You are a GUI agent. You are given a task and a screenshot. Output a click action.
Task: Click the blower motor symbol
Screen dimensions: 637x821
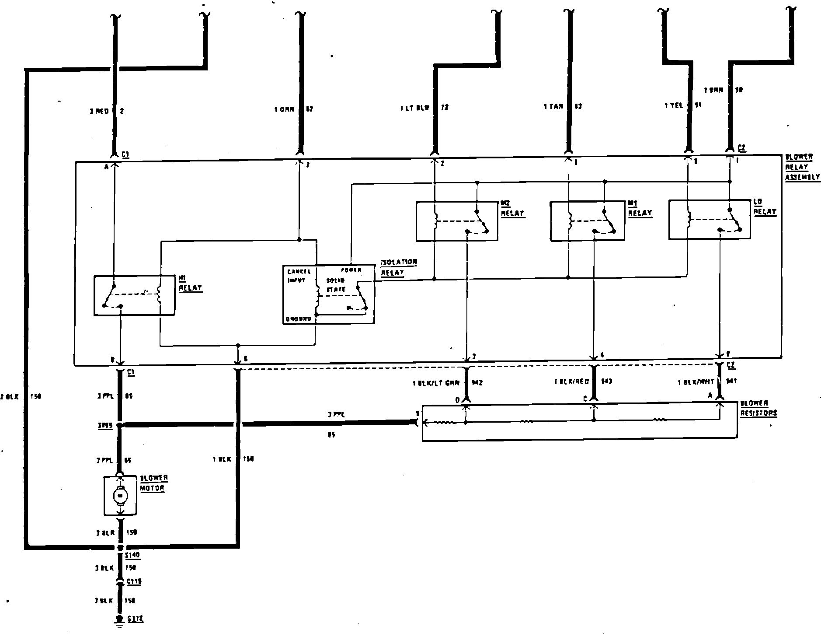119,496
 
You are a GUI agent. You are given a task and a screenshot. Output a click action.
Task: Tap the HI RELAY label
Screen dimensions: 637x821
190,283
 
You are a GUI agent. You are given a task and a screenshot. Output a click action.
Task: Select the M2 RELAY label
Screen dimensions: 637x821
512,209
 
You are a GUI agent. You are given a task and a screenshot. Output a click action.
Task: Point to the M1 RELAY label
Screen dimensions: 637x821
640,209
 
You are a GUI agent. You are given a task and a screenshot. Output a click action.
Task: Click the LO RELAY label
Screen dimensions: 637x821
765,207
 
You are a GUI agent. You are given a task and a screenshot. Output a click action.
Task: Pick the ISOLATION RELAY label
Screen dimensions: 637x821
399,267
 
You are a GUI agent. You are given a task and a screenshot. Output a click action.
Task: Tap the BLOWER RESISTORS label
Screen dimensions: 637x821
758,408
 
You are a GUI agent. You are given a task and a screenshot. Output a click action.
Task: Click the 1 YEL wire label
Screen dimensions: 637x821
673,105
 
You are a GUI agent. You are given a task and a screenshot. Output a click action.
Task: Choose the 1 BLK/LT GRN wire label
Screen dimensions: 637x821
436,383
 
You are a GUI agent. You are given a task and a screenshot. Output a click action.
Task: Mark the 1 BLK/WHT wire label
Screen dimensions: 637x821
696,382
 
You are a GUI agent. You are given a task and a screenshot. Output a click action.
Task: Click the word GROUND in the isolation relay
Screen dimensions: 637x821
298,319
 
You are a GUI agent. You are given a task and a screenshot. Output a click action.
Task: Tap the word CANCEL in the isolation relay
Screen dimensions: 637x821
299,272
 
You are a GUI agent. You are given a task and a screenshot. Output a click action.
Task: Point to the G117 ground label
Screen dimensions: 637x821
135,619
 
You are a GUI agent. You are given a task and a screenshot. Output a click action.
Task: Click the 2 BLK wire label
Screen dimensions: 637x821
10,396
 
